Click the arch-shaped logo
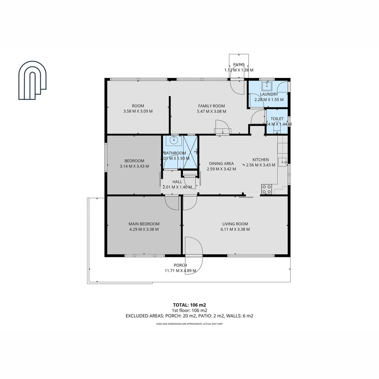click(33, 80)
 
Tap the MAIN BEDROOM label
click(144, 224)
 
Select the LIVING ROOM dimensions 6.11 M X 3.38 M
click(235, 230)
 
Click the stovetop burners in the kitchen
click(266, 189)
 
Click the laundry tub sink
click(267, 86)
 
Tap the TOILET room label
click(277, 119)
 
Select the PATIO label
click(239, 65)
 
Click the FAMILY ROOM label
click(211, 106)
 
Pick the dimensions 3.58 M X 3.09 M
click(138, 111)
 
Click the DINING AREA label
click(221, 164)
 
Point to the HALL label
click(177, 182)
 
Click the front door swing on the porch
click(194, 256)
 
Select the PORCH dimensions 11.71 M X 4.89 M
click(180, 271)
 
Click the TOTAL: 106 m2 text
click(189, 305)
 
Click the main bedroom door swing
click(172, 202)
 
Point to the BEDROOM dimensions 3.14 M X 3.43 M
click(134, 166)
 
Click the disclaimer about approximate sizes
click(189, 324)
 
